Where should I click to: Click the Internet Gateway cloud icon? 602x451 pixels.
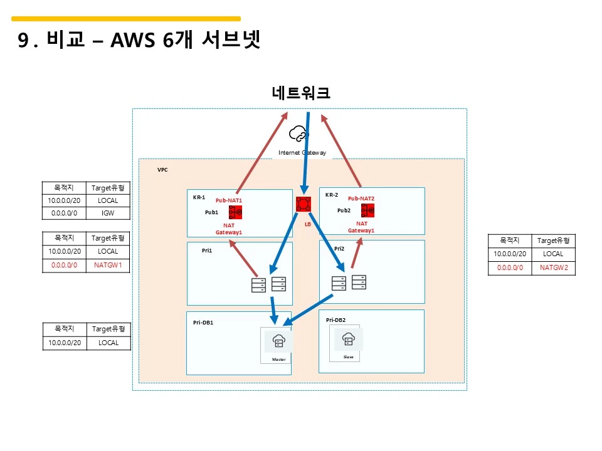pos(298,133)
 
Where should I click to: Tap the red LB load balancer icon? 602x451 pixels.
pos(304,204)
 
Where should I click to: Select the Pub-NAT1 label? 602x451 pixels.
pos(229,200)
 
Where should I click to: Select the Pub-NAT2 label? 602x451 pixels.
pos(361,199)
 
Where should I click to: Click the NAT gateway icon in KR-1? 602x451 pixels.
pos(236,212)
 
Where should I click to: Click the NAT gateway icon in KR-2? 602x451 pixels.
pos(367,210)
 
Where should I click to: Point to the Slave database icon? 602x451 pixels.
pos(348,340)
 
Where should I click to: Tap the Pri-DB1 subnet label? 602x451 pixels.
pos(203,323)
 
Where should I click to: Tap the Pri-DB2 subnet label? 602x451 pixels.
pos(335,320)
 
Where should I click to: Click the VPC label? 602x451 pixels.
pos(162,170)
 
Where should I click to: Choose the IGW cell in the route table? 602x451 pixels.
pos(108,213)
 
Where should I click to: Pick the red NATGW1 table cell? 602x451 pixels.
pos(108,265)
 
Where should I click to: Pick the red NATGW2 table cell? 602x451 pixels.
pos(553,267)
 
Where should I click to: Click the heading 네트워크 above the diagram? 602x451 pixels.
pos(301,93)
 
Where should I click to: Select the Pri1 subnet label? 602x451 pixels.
pos(207,250)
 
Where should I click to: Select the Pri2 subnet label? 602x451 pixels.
pos(339,249)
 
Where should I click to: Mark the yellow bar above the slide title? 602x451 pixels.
pos(126,19)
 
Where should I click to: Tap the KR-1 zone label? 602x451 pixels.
pos(199,197)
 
